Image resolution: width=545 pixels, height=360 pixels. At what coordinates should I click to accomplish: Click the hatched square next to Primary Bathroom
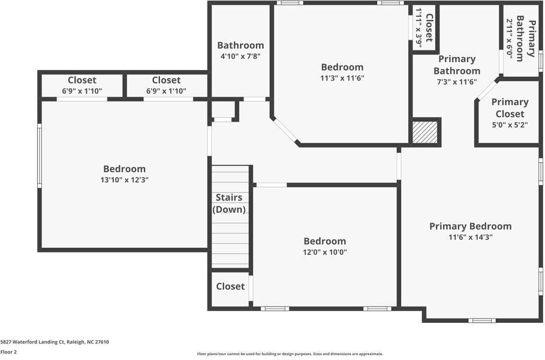(x=425, y=132)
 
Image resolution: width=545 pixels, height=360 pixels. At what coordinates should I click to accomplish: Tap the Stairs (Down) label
(x=229, y=203)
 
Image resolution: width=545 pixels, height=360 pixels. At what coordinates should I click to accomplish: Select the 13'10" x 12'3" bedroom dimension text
(x=124, y=180)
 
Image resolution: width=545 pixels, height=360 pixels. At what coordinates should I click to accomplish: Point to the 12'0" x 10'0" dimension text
(x=324, y=252)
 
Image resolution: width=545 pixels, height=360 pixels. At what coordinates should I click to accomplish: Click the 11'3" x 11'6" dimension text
(x=342, y=78)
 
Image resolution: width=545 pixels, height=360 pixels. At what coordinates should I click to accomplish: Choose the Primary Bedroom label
(x=470, y=226)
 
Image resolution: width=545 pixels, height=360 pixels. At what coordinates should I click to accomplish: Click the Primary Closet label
(x=510, y=108)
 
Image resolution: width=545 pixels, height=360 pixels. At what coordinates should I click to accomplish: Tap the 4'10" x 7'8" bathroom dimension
(x=240, y=56)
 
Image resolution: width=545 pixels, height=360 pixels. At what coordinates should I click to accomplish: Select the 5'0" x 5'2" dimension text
(x=510, y=125)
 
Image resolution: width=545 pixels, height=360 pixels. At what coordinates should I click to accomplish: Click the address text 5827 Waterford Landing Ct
(x=55, y=342)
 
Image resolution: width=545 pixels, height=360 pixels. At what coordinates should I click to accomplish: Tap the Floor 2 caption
(x=8, y=352)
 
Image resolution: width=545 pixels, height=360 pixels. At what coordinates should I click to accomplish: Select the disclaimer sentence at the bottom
(x=290, y=354)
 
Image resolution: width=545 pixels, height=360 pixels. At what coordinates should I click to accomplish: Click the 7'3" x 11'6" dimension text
(x=457, y=82)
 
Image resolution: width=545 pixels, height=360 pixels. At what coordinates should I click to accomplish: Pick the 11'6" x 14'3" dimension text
(x=470, y=237)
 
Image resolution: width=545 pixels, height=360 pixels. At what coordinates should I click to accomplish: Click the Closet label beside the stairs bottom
(x=230, y=286)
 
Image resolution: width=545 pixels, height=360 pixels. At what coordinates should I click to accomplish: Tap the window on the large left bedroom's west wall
(x=40, y=156)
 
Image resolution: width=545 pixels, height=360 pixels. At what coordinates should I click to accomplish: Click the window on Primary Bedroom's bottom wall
(x=481, y=320)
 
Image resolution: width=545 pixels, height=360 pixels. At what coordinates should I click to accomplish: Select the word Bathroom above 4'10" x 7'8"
(x=240, y=46)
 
